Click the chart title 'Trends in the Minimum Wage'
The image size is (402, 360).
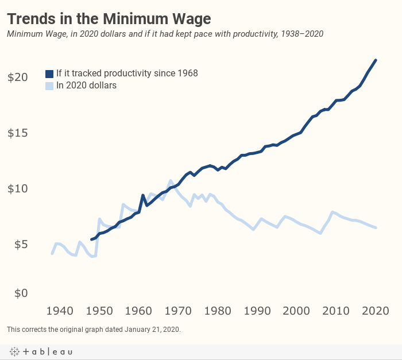click(109, 18)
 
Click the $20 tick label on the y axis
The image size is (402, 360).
click(17, 77)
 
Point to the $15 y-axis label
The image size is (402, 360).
click(17, 133)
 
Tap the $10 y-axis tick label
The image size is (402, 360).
click(17, 189)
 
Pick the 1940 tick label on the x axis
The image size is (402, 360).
click(60, 311)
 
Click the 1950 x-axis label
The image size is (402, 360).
click(99, 311)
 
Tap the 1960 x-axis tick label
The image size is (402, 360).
click(139, 311)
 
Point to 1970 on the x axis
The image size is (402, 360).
click(179, 311)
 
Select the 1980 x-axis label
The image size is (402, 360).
click(218, 311)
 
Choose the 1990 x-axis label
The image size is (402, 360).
click(257, 311)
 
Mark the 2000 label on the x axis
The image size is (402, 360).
click(297, 311)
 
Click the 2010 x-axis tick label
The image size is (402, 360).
click(337, 311)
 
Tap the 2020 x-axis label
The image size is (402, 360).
click(376, 311)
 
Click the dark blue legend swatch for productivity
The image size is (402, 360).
click(49, 73)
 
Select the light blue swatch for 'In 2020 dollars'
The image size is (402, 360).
click(49, 86)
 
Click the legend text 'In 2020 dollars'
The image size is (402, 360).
click(86, 86)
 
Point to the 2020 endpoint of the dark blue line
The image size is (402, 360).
click(376, 60)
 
